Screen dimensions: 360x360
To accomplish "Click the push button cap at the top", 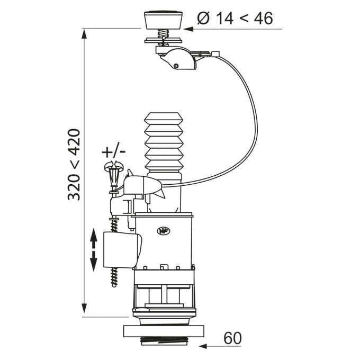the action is [x=163, y=20].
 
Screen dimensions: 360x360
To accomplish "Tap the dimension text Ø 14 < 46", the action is [x=235, y=18].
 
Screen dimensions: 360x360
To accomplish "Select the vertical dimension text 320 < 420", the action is [x=74, y=165].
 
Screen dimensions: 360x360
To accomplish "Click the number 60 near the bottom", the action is [x=232, y=338].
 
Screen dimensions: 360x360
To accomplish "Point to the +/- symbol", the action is [x=113, y=152].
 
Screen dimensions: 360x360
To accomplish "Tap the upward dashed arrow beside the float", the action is [x=94, y=239].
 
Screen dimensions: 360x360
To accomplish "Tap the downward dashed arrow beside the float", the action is [x=94, y=261].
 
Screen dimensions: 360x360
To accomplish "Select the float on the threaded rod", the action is [x=122, y=250].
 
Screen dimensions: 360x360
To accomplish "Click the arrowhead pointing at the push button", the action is [x=189, y=29].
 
